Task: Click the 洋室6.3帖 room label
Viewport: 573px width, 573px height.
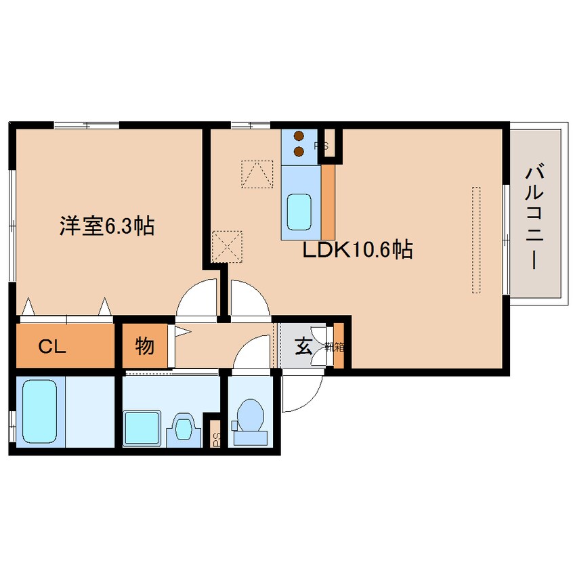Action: (106, 226)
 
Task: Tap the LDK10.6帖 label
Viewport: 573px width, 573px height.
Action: (357, 251)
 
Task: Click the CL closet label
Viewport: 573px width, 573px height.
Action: (51, 347)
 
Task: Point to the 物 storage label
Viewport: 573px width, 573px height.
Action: (144, 347)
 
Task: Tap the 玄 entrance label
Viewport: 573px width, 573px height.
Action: (303, 347)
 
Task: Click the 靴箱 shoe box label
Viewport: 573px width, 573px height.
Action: (334, 347)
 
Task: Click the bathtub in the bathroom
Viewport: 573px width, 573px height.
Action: (40, 412)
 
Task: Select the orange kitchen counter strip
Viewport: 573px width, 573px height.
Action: (328, 203)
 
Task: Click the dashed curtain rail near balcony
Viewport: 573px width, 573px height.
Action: (475, 240)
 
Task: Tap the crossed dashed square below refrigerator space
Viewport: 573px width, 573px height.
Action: (227, 246)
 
